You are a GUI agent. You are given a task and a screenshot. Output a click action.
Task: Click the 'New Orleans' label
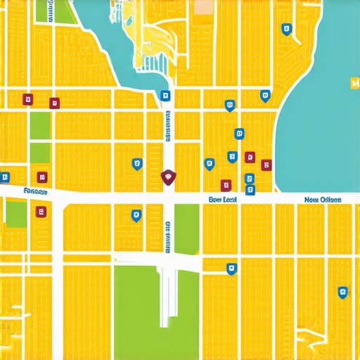(x=323, y=200)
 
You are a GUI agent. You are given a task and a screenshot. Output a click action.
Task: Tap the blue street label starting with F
(x=35, y=191)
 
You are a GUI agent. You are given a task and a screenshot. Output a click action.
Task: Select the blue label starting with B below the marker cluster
(x=223, y=200)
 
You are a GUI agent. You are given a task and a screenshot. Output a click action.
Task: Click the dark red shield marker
(x=167, y=176)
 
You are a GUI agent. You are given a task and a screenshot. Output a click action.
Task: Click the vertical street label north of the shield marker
(x=168, y=127)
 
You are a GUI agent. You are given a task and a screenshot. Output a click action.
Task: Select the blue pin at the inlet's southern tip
(x=165, y=96)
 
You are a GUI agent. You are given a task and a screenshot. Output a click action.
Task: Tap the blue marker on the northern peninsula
(x=285, y=29)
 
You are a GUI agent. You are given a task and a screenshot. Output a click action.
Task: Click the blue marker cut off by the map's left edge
(x=5, y=177)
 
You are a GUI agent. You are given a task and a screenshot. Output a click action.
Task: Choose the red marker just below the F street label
(x=41, y=210)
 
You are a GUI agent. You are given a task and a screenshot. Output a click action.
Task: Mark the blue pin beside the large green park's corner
(x=231, y=268)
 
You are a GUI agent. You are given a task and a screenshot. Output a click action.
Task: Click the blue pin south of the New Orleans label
(x=342, y=292)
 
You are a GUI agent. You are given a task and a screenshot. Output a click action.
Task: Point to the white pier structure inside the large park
(x=167, y=288)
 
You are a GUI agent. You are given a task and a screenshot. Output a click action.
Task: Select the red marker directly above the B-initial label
(x=226, y=185)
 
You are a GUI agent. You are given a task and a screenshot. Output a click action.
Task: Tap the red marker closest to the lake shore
(x=266, y=165)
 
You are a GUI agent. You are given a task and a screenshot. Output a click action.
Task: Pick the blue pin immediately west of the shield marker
(x=137, y=165)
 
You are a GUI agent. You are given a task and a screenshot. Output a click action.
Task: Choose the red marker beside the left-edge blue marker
(x=42, y=177)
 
